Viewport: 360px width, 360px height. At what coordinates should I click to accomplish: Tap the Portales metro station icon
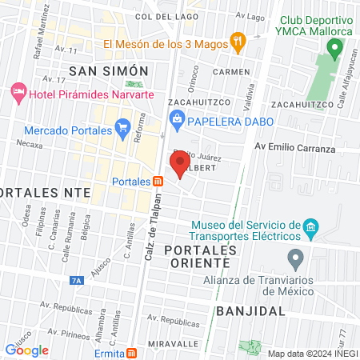(x=158, y=181)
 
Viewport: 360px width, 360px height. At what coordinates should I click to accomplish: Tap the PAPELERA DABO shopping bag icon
(x=176, y=121)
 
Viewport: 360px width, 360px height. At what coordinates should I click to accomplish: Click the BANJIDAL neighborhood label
(x=250, y=310)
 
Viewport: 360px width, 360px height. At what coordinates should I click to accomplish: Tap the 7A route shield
(x=77, y=280)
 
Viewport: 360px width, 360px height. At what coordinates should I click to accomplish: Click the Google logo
(x=27, y=350)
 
